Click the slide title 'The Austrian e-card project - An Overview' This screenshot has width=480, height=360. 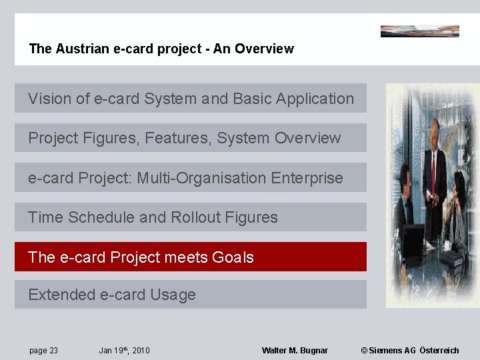click(161, 49)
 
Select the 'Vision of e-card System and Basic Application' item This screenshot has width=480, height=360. click(191, 99)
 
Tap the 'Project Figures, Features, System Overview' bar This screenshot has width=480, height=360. click(191, 138)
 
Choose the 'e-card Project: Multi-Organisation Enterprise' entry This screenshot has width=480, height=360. click(191, 178)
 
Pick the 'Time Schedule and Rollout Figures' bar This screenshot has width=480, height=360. click(191, 217)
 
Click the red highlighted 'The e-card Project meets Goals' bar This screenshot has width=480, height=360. click(191, 257)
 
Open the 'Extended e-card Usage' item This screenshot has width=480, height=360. click(191, 295)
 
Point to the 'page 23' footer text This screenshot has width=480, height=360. click(44, 351)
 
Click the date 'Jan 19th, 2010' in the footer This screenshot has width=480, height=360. click(124, 351)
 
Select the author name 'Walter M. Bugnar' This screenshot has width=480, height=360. click(295, 351)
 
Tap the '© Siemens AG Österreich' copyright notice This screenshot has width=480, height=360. click(409, 351)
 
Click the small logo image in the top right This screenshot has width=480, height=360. click(419, 31)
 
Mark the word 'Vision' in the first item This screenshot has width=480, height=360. click(49, 99)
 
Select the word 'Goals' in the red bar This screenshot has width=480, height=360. click(233, 257)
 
